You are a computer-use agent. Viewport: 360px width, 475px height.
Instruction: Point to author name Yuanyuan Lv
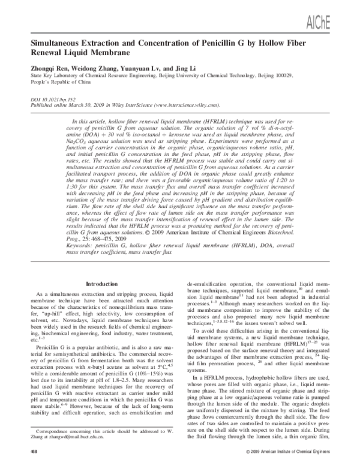click(137, 68)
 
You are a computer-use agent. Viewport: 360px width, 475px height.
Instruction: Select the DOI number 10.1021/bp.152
click(59, 97)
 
